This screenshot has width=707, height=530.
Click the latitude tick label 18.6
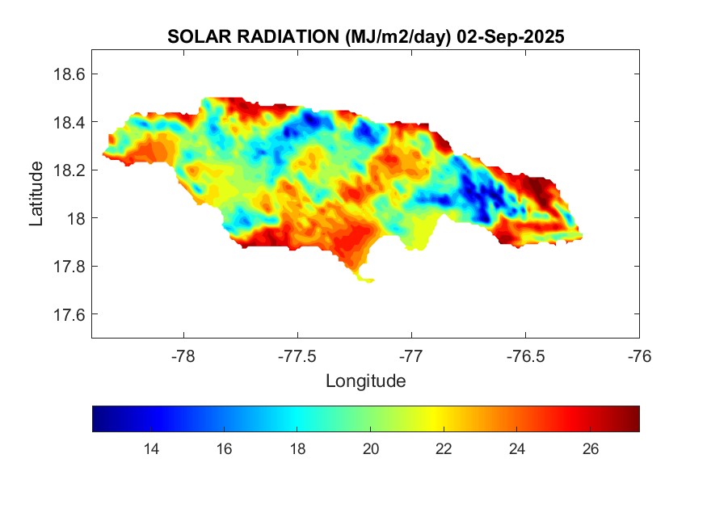[68, 74]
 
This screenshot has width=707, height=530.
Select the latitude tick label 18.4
[68, 122]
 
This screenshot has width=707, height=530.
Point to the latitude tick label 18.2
[68, 170]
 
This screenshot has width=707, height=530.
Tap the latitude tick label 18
[74, 218]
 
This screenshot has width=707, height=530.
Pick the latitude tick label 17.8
[68, 267]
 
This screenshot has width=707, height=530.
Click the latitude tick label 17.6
[68, 314]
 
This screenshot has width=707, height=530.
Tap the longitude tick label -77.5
[297, 355]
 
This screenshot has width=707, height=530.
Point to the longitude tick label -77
[411, 355]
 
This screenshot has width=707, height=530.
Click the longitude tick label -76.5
[525, 355]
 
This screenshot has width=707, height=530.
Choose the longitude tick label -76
[639, 355]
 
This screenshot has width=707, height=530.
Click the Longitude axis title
[365, 381]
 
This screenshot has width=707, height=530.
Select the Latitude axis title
[36, 194]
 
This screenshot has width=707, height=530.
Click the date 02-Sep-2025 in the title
[510, 37]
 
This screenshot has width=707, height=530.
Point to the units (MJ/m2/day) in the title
[396, 37]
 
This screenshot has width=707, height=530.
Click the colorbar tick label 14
[150, 449]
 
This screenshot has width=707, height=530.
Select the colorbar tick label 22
[444, 449]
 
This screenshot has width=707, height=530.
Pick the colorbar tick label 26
[590, 449]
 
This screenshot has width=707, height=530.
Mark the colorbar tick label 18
[297, 449]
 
